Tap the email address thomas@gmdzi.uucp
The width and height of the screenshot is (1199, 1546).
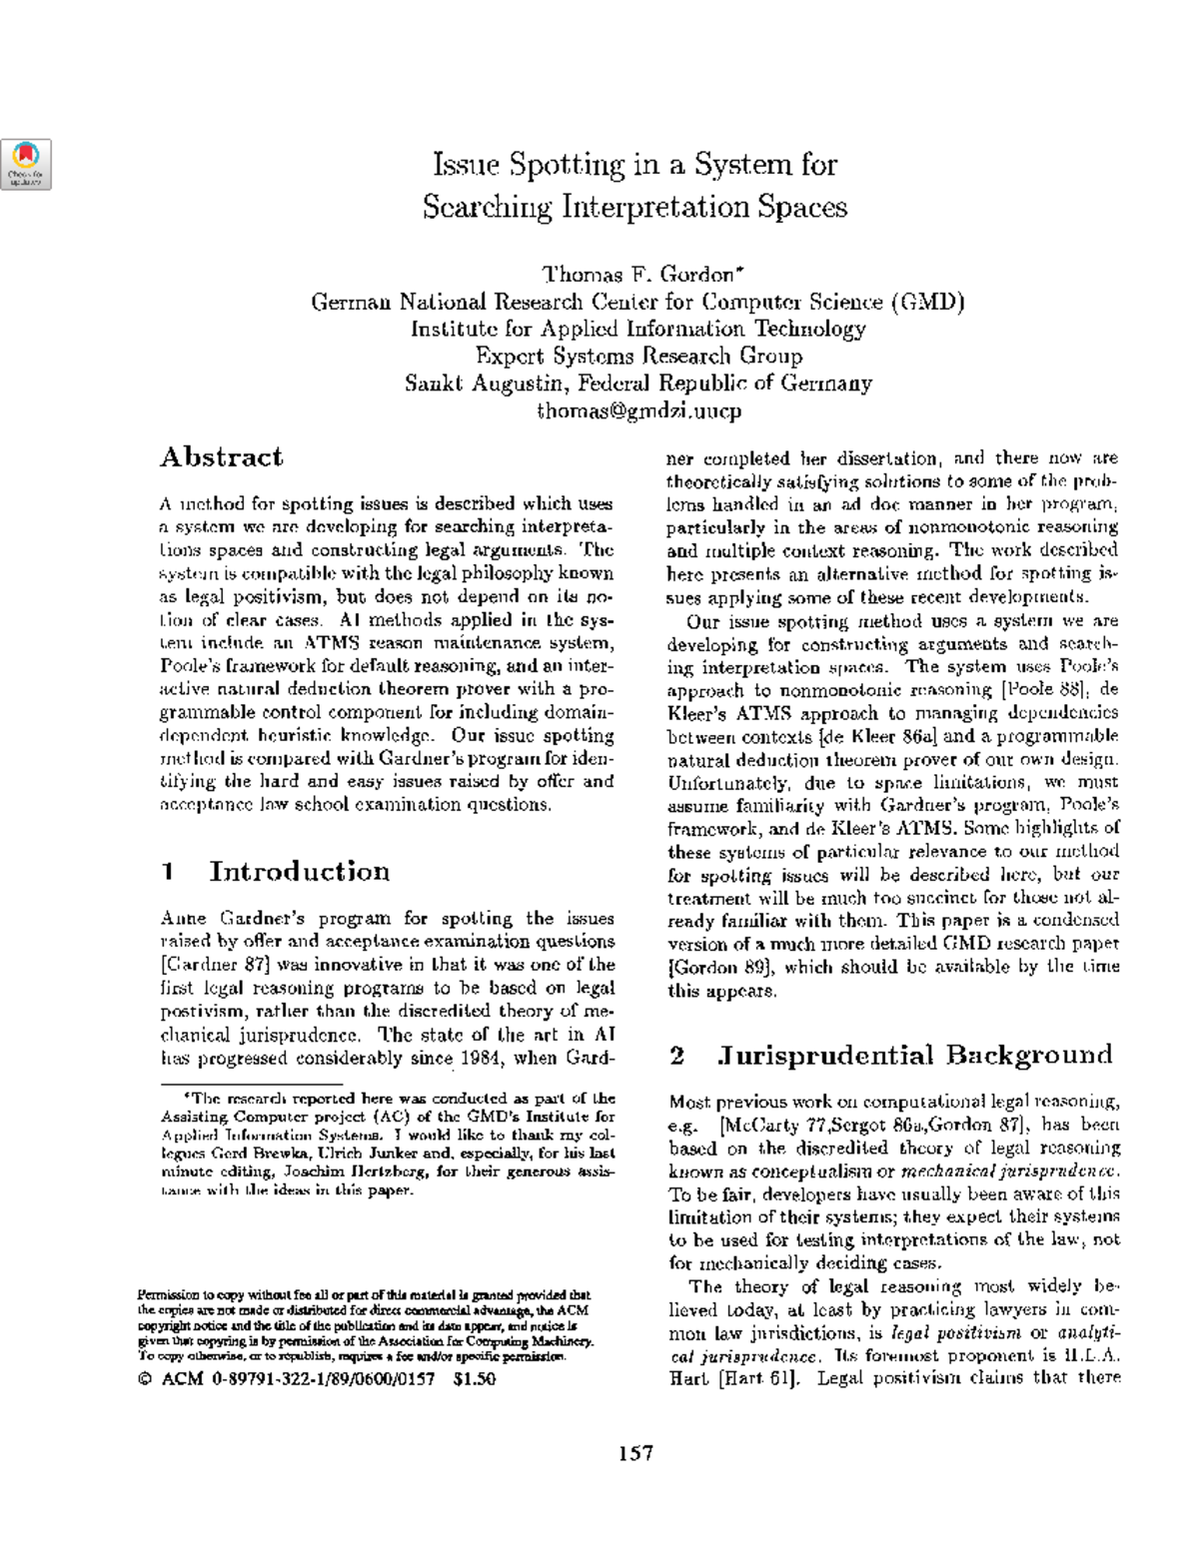point(638,409)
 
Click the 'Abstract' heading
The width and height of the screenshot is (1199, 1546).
point(221,457)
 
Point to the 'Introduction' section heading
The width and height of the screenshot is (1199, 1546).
point(299,872)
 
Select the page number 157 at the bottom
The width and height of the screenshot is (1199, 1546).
point(634,1453)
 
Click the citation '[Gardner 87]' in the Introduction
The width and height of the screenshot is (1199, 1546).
point(215,965)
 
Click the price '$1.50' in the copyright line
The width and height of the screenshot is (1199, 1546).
point(474,1379)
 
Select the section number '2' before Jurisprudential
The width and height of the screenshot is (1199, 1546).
point(677,1056)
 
